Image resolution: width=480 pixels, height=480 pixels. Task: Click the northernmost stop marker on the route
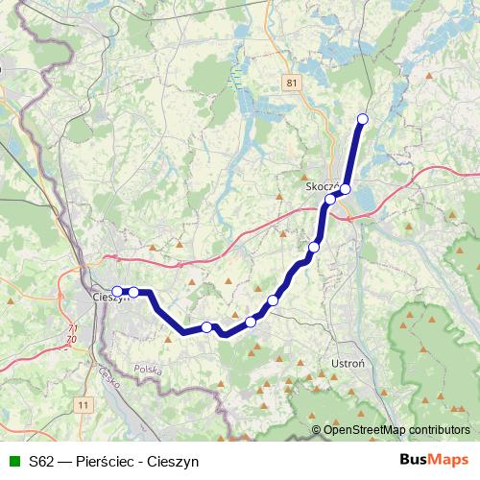363,119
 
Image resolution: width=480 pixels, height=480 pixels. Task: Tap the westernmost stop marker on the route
118,291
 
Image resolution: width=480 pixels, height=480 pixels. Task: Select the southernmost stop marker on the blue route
206,327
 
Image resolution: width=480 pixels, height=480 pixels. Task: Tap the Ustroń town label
345,365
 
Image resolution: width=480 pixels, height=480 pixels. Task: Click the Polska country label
148,369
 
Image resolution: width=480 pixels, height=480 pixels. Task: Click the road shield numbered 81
292,84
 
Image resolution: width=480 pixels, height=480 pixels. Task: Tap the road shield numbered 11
84,406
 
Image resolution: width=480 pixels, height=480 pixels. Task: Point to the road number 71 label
72,330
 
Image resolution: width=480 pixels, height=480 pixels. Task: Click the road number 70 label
73,340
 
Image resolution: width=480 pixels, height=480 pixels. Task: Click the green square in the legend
14,461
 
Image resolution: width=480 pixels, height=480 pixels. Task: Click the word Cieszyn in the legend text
175,461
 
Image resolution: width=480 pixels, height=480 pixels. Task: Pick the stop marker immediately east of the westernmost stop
134,292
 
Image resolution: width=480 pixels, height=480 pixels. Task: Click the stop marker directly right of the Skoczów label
345,188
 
